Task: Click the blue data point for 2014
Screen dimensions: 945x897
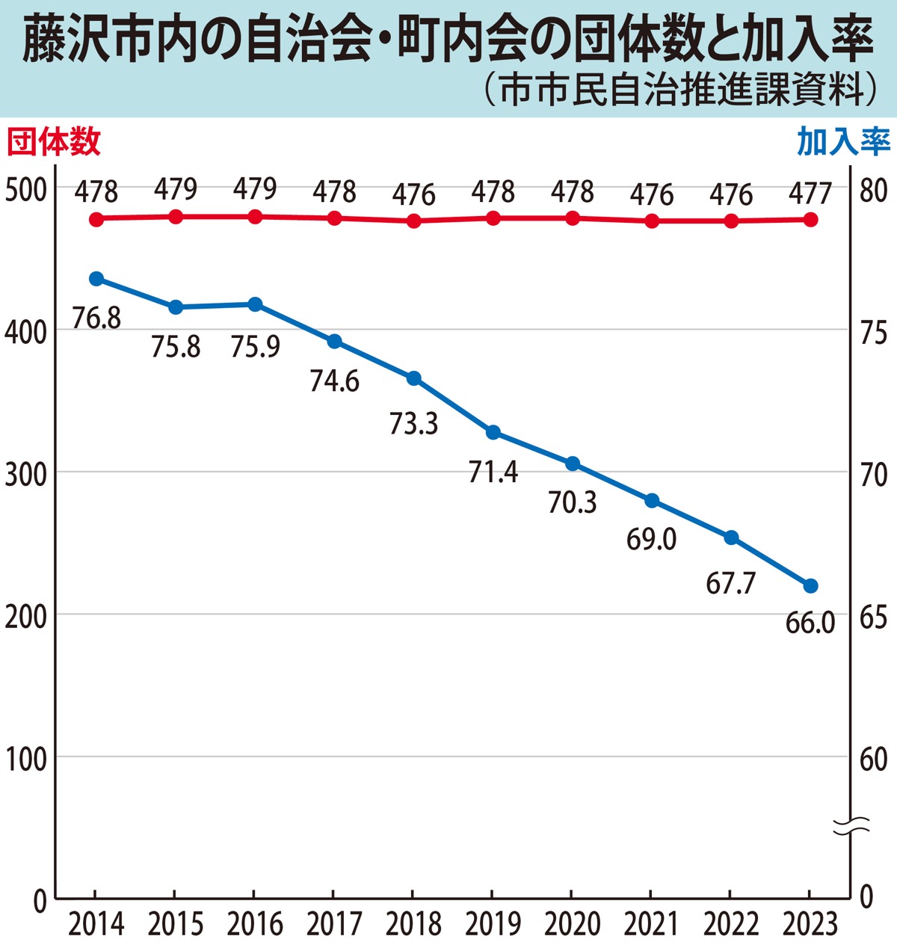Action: click(x=96, y=279)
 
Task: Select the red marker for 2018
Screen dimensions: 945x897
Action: click(x=413, y=221)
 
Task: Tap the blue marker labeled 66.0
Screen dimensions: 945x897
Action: click(x=810, y=585)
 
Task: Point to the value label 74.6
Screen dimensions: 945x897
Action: click(x=334, y=381)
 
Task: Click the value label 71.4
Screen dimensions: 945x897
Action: click(x=493, y=472)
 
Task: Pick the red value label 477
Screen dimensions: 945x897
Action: click(x=810, y=193)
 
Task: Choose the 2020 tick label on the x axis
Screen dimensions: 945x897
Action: click(x=572, y=925)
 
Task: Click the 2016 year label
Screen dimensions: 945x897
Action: click(x=255, y=925)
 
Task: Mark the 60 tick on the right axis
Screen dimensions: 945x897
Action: click(x=873, y=759)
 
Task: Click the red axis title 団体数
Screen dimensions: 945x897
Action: click(x=54, y=141)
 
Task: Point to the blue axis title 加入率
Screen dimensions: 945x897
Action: click(x=843, y=141)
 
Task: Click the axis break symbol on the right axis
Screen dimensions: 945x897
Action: click(x=851, y=825)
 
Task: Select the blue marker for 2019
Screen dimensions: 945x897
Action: click(x=493, y=432)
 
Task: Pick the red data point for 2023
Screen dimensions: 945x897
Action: click(x=810, y=220)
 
